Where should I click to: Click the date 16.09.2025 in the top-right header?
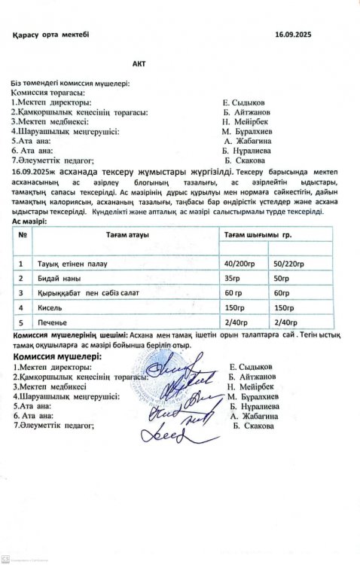(294, 35)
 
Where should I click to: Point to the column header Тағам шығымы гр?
(256, 235)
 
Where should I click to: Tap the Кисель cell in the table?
(53, 308)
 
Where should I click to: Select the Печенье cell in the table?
(56, 322)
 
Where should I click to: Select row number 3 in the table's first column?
(20, 293)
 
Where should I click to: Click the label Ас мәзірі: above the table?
(29, 221)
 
